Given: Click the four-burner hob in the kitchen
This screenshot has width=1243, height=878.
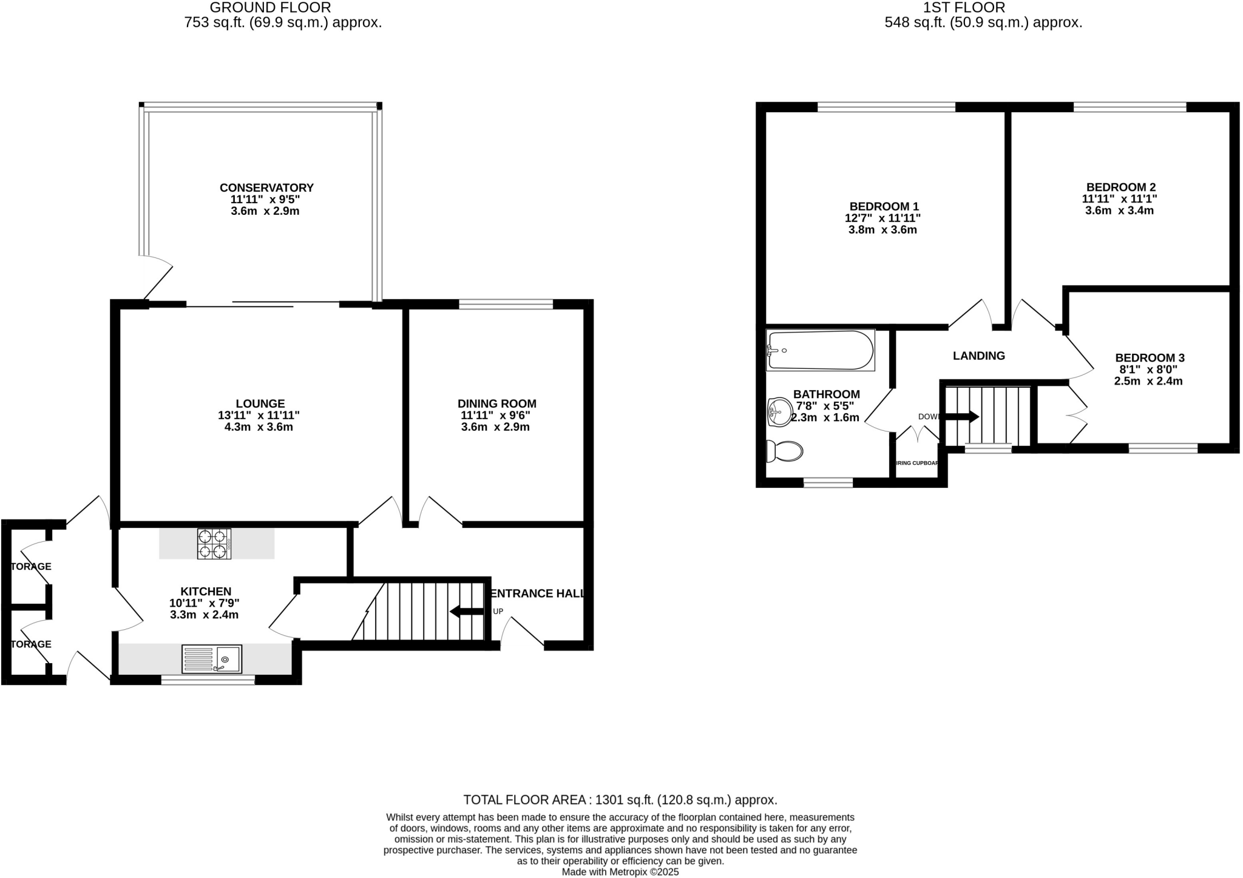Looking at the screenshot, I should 214,544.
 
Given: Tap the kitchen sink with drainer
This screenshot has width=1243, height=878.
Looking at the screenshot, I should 212,658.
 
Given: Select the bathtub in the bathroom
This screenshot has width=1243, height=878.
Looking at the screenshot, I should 820,351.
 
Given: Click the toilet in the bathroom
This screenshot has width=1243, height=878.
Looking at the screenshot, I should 785,451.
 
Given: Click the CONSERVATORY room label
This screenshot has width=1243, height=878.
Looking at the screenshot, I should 266,187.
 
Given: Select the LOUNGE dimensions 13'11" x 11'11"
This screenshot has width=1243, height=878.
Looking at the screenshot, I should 259,416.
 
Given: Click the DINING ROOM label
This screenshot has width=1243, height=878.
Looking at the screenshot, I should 496,404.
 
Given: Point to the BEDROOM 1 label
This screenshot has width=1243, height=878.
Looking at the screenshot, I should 884,206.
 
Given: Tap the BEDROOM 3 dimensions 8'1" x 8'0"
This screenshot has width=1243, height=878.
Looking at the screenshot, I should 1148,370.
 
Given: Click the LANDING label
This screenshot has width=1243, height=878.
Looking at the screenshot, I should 978,356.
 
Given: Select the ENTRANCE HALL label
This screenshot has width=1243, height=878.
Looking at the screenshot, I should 537,593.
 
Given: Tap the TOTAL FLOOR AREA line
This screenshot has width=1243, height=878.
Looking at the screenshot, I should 620,800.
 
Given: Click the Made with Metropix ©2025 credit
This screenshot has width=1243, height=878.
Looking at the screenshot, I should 620,872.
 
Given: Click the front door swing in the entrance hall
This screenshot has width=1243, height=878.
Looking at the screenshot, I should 522,631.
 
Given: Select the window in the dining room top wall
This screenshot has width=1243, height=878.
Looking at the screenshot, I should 506,304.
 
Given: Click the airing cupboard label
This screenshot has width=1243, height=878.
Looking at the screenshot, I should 917,464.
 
